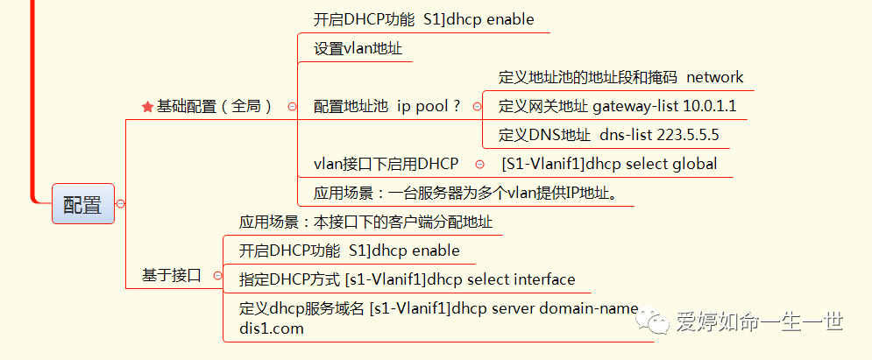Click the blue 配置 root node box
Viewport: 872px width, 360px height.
point(82,204)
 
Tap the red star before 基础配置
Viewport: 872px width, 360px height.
point(147,107)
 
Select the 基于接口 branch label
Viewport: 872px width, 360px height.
point(172,275)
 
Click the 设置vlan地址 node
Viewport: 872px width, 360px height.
point(358,48)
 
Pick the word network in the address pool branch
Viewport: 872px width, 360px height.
point(714,77)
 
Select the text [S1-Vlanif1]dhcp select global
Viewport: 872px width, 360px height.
point(609,164)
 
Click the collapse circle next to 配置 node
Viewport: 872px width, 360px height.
point(120,204)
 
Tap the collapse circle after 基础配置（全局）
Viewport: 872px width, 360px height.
point(291,107)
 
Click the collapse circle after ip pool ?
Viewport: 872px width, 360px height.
point(478,107)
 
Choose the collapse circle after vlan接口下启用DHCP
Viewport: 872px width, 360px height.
point(479,164)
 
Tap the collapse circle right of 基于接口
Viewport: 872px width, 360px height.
point(216,275)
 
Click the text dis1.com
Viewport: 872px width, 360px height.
point(272,329)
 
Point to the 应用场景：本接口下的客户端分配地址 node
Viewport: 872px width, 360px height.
point(365,222)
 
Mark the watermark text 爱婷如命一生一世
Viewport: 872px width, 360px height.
point(759,322)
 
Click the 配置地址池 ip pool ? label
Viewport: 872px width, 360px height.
point(386,107)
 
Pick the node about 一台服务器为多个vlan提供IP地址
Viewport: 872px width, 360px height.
point(473,192)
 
